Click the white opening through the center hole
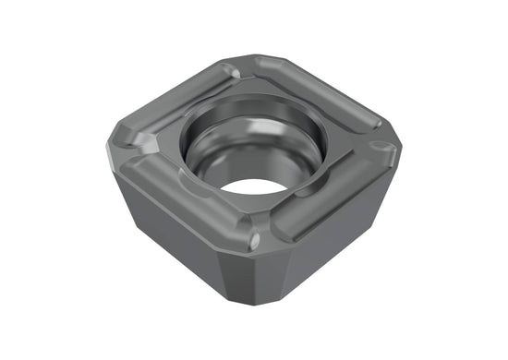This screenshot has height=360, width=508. pos(252,182)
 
